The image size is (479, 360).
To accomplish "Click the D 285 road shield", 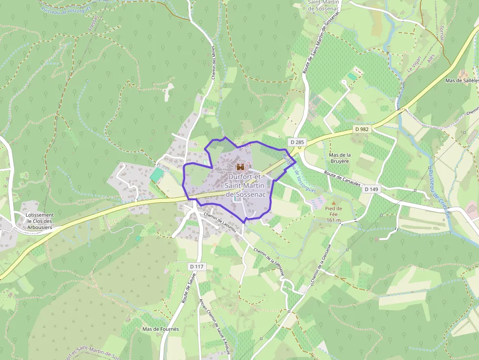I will (x=297, y=142).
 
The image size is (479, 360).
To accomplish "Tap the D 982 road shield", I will (x=362, y=129).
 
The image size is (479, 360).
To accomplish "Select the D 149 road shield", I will (x=371, y=189).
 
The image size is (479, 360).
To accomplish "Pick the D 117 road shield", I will (x=197, y=266).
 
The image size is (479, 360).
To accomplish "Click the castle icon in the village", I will (x=240, y=167).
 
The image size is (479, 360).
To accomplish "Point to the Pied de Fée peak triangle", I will (x=334, y=202).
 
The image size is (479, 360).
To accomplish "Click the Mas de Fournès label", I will (x=160, y=329).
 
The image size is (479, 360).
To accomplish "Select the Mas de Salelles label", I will (x=461, y=80).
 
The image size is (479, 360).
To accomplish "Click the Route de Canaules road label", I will (x=342, y=178).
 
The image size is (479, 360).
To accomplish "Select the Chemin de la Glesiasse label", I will (x=269, y=262).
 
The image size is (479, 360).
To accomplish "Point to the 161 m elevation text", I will (x=333, y=220).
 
